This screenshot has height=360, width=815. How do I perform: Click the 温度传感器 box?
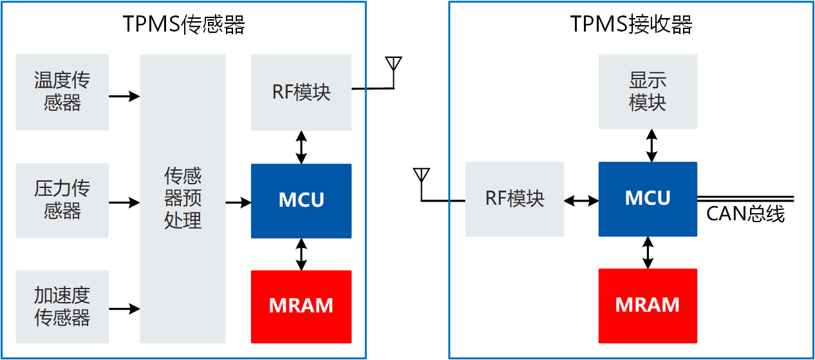(x=62, y=91)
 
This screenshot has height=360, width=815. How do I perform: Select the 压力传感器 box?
(x=62, y=200)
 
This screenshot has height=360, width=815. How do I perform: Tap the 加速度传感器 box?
(x=62, y=307)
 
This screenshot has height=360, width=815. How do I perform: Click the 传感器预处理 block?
(x=183, y=198)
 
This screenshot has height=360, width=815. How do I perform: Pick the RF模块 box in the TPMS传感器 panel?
(x=301, y=92)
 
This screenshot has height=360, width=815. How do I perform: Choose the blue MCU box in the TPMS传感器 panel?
(x=301, y=200)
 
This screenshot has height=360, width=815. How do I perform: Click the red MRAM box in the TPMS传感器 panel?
(x=301, y=306)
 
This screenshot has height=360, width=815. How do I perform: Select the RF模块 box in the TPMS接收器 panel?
(x=514, y=198)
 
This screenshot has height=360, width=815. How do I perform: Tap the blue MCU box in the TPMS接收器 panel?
(x=648, y=198)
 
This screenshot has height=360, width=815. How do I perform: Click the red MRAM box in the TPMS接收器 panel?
(x=648, y=305)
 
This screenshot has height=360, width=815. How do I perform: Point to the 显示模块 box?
(x=648, y=91)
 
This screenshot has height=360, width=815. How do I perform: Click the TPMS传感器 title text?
(x=184, y=25)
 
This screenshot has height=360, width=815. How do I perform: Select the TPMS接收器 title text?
(x=631, y=25)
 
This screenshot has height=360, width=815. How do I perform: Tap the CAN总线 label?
(x=745, y=214)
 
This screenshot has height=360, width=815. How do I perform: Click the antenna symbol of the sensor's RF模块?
(x=393, y=65)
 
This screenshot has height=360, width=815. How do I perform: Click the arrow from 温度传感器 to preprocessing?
(x=124, y=97)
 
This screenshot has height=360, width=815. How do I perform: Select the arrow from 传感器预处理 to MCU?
(x=238, y=203)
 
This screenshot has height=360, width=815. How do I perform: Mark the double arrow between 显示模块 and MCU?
(x=651, y=145)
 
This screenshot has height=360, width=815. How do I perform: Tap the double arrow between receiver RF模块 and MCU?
(x=581, y=201)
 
